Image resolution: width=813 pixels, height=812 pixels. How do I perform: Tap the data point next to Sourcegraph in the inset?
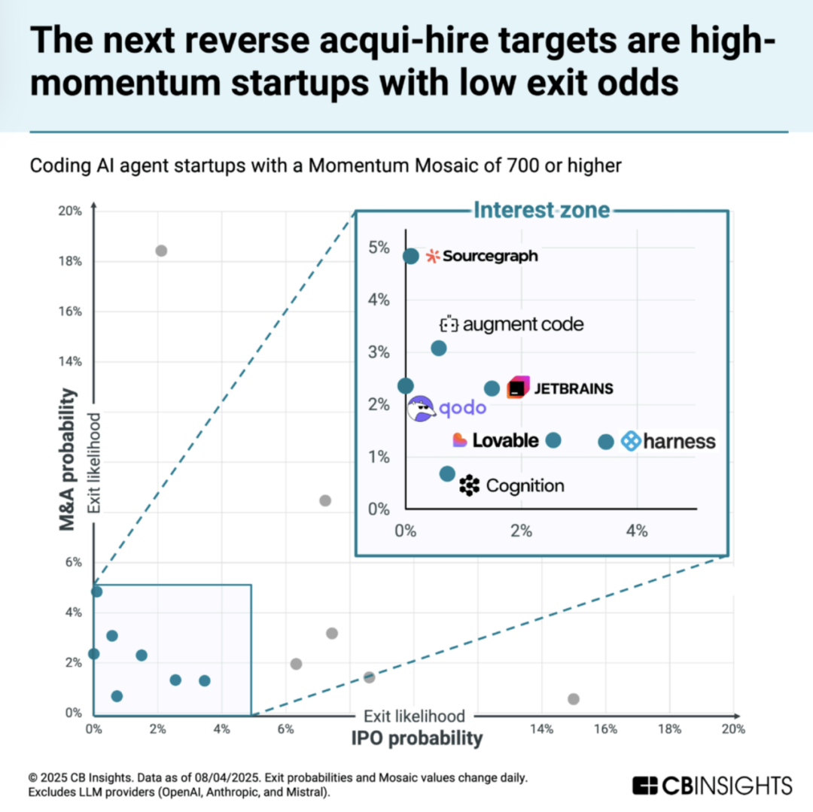pyautogui.click(x=411, y=256)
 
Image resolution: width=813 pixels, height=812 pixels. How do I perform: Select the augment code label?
pyautogui.click(x=512, y=325)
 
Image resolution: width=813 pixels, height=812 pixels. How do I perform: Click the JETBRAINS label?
pyautogui.click(x=561, y=389)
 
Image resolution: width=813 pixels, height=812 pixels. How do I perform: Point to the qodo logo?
pyautogui.click(x=448, y=409)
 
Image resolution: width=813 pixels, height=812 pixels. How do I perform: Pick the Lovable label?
pyautogui.click(x=496, y=440)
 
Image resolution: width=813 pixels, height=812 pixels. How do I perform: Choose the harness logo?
pyautogui.click(x=668, y=442)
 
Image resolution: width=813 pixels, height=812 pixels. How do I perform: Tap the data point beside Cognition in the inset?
pyautogui.click(x=447, y=474)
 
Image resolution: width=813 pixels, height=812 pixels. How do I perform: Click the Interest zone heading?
pyautogui.click(x=540, y=211)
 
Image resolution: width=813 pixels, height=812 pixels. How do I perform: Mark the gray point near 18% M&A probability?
pyautogui.click(x=160, y=251)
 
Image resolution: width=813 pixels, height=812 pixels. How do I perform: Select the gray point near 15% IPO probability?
pyautogui.click(x=574, y=699)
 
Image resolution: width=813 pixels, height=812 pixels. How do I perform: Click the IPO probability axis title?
pyautogui.click(x=416, y=738)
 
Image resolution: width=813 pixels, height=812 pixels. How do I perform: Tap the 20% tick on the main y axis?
pyautogui.click(x=71, y=211)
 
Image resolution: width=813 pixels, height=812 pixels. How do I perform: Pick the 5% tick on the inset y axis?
pyautogui.click(x=379, y=248)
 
